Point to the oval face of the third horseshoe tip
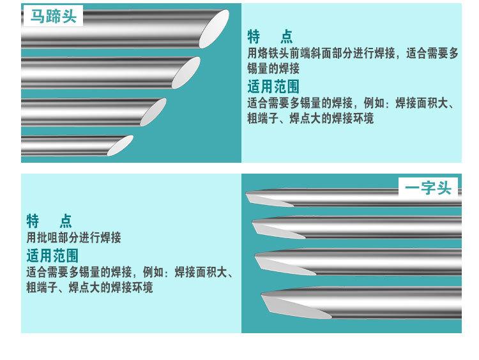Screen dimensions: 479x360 pos(153,111)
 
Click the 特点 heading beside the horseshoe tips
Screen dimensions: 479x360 pos(270,37)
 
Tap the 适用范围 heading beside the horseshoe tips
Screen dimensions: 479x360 pos(273,86)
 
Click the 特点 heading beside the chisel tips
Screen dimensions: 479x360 pos(49,221)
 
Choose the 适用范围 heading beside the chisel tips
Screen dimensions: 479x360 pos(52,256)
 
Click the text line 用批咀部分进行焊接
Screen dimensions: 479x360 pos(73,238)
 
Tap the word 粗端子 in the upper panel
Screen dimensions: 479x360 pos(262,119)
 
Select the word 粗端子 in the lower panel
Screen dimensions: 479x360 pos(42,288)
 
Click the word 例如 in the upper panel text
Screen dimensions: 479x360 pos(372,103)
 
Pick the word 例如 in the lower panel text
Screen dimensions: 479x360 pos(151,273)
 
